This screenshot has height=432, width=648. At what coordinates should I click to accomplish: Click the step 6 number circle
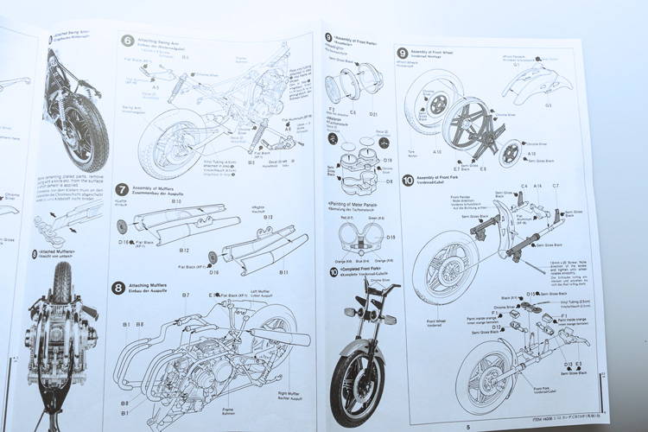pyautogui.click(x=127, y=41)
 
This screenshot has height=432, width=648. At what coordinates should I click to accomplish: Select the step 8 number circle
pyautogui.click(x=118, y=287)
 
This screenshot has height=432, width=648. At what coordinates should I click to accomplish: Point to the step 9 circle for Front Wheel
pyautogui.click(x=403, y=53)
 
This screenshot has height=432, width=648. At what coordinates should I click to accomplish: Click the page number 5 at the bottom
pyautogui.click(x=467, y=426)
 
